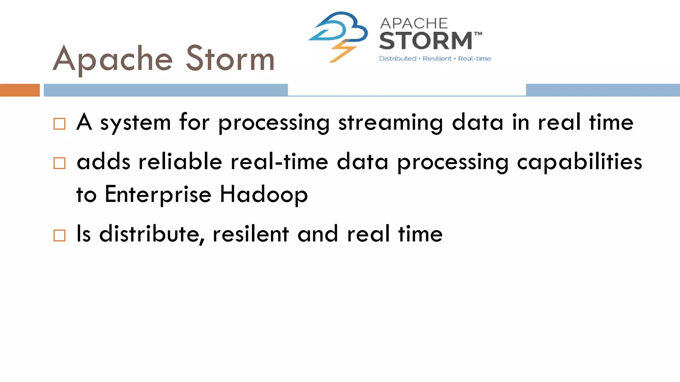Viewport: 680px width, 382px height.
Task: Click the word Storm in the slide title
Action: [x=230, y=59]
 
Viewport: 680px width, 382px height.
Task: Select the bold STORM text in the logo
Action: [x=426, y=41]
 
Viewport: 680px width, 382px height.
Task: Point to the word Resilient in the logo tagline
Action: [x=437, y=59]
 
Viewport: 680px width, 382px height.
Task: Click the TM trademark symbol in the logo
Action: [x=478, y=34]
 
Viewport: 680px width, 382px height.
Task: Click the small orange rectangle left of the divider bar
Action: [x=20, y=90]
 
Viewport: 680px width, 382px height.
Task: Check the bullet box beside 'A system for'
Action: [x=59, y=124]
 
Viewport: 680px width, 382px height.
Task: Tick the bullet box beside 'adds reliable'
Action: [x=59, y=163]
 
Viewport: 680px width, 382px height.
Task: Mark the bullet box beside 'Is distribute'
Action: [x=59, y=235]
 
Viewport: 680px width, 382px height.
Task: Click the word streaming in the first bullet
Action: [x=390, y=123]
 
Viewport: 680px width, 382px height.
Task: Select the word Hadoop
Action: [x=264, y=195]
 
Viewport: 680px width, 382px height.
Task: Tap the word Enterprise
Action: [x=158, y=195]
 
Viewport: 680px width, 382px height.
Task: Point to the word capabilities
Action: [x=579, y=162]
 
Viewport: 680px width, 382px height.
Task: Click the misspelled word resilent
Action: [x=251, y=234]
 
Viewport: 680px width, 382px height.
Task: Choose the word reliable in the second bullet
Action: [x=180, y=162]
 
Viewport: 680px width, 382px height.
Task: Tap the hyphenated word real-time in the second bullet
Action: [x=279, y=162]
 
